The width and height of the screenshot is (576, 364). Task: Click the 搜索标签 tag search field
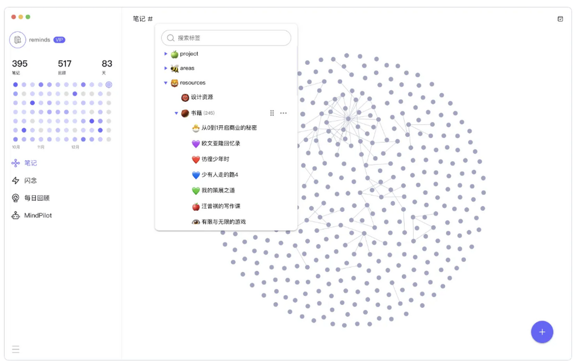tap(226, 38)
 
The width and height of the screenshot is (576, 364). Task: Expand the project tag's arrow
tap(166, 54)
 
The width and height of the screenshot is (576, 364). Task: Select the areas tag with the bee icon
tap(187, 68)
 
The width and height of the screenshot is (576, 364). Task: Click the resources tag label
tap(192, 83)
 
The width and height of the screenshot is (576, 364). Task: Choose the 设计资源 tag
tap(202, 97)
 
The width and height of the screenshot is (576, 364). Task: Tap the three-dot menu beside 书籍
tap(283, 113)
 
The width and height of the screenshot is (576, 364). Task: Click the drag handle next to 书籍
tap(272, 113)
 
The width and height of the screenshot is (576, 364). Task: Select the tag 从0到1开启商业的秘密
tap(229, 128)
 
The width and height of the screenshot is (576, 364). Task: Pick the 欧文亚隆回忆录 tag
tap(221, 143)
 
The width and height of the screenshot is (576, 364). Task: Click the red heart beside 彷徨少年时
tap(196, 159)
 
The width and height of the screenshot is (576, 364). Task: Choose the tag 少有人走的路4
tap(220, 175)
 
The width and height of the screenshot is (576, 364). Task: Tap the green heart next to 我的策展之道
tap(196, 191)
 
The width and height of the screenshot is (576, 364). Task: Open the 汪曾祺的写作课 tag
tap(221, 206)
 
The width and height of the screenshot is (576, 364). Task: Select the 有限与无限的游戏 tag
tap(224, 222)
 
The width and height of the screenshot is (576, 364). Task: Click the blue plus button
tap(542, 332)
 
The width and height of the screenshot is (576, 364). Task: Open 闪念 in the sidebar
tap(30, 181)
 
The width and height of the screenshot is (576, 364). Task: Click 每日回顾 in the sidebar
tap(37, 198)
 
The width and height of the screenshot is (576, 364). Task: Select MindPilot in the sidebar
tap(38, 215)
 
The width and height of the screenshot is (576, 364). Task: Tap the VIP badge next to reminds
tap(59, 40)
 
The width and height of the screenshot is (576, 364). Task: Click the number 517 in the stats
tap(64, 63)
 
